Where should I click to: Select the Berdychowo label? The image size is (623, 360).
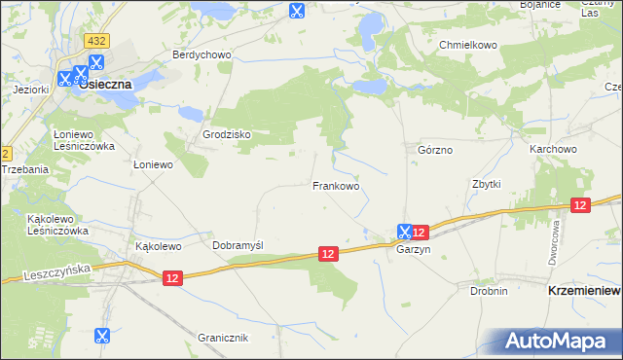(202, 55)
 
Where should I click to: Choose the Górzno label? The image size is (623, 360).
(435, 151)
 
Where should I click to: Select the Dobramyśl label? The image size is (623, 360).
(238, 245)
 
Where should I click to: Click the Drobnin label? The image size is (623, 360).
(489, 291)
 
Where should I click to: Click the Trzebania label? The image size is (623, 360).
(24, 168)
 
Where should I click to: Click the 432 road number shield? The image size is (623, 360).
(95, 42)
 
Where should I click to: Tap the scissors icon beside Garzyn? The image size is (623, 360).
(404, 232)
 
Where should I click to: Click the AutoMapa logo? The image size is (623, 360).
(560, 342)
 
